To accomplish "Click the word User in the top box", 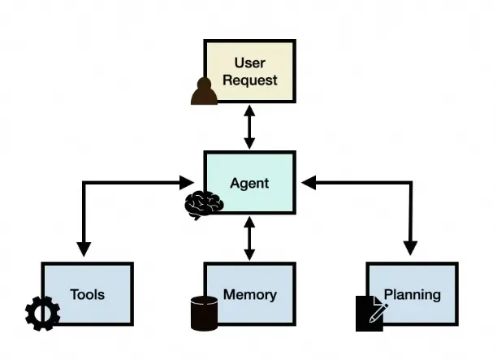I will [249, 63].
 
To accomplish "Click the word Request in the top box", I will [249, 80].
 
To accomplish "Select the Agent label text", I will [249, 183].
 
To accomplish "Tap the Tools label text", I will [87, 294].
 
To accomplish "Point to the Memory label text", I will [249, 294].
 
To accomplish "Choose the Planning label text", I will [412, 294].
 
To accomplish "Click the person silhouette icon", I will [204, 91].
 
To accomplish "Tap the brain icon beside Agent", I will [201, 205].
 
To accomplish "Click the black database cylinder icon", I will [204, 313].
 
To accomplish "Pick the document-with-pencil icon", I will [370, 314].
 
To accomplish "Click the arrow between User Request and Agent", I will [249, 129].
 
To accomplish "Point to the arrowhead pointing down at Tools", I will [83, 249].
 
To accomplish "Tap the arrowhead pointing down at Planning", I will [411, 249].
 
